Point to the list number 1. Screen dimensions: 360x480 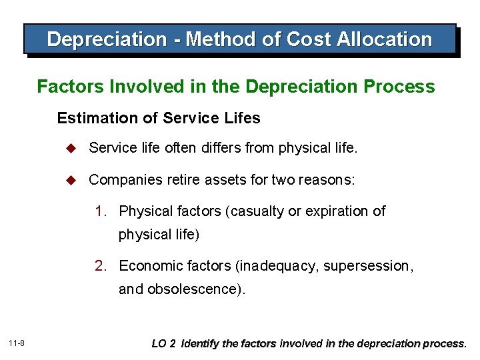tap(100, 211)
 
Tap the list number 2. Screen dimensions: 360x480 tap(100, 266)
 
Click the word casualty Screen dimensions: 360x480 tap(257, 211)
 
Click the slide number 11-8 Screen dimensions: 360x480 tap(17, 343)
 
